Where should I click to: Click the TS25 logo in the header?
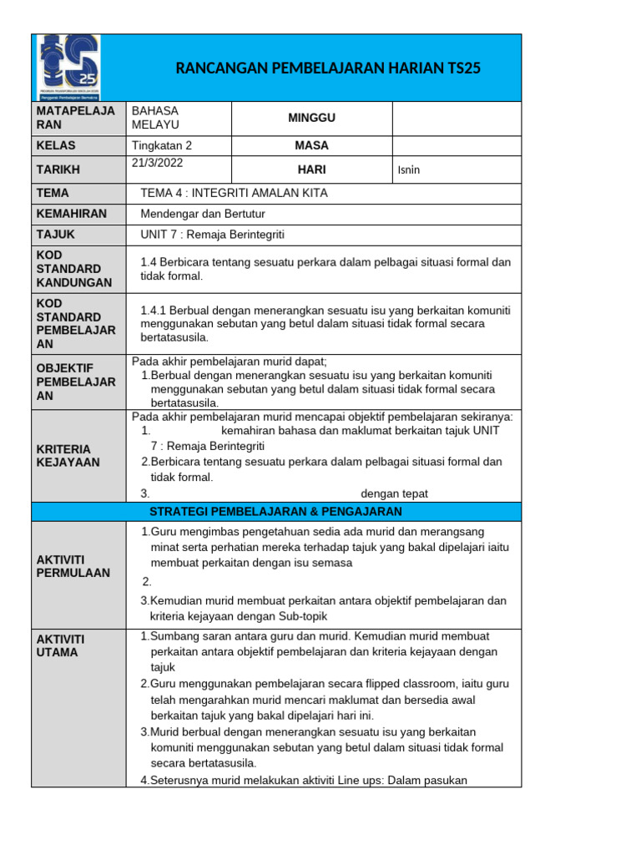(x=68, y=68)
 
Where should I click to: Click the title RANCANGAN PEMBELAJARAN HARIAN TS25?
(x=328, y=68)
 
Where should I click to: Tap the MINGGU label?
(x=311, y=118)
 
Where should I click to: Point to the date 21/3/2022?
(x=157, y=163)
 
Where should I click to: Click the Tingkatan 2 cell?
(x=168, y=145)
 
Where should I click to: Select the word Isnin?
(x=409, y=170)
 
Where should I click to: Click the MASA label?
(x=311, y=145)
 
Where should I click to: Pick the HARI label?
(x=311, y=169)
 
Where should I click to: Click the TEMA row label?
(x=53, y=193)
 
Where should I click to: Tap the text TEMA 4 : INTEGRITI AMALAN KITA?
(x=234, y=193)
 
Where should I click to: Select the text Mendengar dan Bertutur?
(x=204, y=214)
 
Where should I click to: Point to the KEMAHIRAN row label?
(x=72, y=214)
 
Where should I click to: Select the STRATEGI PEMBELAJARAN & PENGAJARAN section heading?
(x=275, y=511)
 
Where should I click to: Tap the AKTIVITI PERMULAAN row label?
(x=73, y=565)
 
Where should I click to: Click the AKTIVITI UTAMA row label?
(x=61, y=645)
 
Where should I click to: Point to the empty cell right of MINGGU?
(x=456, y=118)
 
